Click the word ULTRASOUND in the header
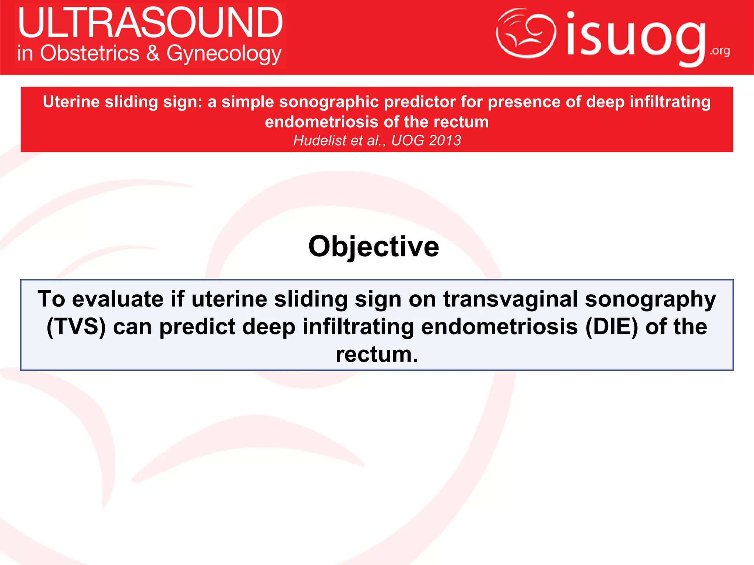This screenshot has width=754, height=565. (150, 23)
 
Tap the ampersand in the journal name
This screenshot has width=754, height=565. (153, 53)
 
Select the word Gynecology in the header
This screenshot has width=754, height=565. (224, 54)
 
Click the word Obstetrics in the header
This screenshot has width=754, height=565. (90, 53)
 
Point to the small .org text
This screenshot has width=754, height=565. (720, 51)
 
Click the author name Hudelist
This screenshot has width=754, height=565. (320, 141)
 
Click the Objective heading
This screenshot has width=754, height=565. (374, 246)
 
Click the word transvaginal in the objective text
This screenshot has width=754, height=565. (510, 299)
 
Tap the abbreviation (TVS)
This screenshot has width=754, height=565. (76, 327)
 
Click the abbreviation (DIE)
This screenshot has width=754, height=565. (612, 327)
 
